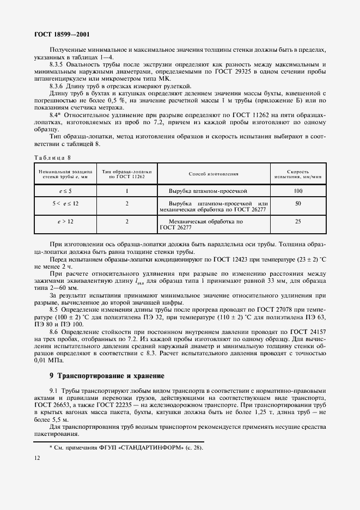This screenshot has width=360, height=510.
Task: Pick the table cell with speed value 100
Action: [298, 191]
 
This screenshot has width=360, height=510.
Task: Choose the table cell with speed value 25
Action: [298, 222]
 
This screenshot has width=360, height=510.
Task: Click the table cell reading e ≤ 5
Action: [65, 191]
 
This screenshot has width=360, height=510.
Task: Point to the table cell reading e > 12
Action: [65, 222]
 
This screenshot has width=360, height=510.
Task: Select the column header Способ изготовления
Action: [213, 174]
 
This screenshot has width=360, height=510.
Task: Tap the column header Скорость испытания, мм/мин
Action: [298, 174]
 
